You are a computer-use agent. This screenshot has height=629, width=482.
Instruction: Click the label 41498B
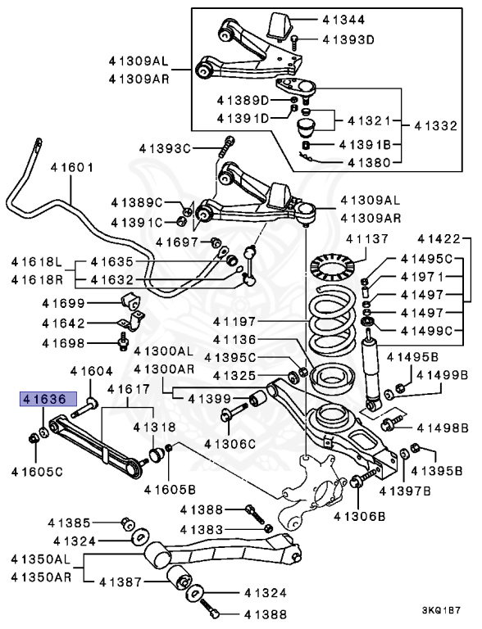point(442,427)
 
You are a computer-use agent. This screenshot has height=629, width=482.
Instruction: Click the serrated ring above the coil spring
point(334,268)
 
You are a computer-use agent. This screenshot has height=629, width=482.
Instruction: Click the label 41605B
point(169,489)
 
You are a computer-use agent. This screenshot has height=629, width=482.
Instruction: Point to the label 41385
point(74,523)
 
